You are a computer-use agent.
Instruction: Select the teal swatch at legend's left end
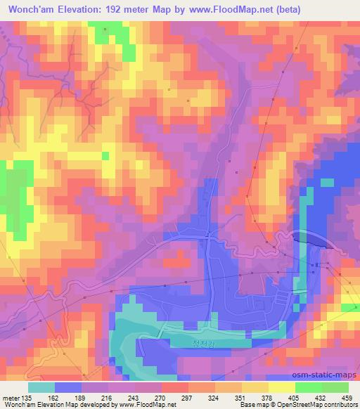(41, 387)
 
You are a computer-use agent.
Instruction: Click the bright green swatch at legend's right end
(335, 387)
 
